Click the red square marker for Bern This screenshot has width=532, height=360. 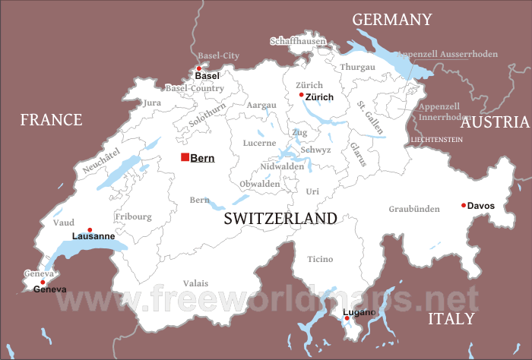[x=185, y=157]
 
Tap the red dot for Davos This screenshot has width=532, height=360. [x=464, y=205]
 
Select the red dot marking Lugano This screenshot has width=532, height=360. [x=347, y=318]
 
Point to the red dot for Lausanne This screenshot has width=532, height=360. [x=90, y=230]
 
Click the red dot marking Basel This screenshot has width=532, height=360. [x=199, y=68]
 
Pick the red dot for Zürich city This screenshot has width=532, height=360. [x=302, y=95]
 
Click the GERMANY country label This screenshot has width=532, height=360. [x=391, y=20]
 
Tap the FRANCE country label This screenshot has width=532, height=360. [x=51, y=119]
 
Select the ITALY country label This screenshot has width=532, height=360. [x=451, y=318]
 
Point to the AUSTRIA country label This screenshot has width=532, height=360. [x=495, y=122]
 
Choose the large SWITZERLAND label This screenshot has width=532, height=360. [x=280, y=219]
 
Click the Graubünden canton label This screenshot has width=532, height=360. [x=414, y=209]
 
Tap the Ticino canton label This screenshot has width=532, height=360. [x=320, y=259]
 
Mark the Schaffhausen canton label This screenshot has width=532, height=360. [x=298, y=41]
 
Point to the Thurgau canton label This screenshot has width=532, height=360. [x=357, y=67]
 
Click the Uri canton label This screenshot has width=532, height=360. [x=312, y=191]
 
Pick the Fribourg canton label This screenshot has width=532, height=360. [x=133, y=216]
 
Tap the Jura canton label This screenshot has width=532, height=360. [x=152, y=103]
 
